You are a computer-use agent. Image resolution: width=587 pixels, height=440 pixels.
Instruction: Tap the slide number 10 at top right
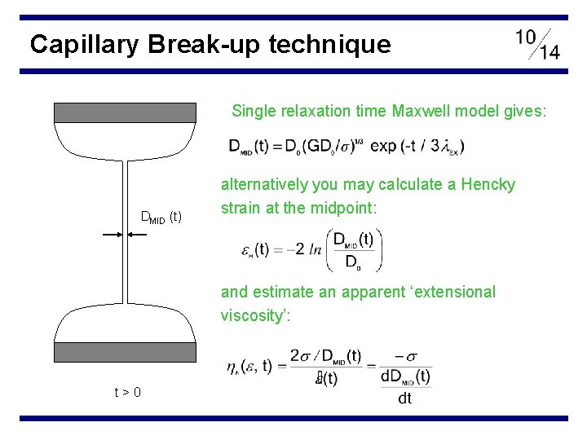[527, 37]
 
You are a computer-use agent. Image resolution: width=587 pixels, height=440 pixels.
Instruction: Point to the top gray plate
[125, 112]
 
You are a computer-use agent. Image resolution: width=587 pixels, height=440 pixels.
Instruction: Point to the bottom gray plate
[125, 351]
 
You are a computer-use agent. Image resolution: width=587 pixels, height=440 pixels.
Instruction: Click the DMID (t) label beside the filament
[161, 217]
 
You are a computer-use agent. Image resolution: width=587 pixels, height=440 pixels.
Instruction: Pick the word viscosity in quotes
[249, 315]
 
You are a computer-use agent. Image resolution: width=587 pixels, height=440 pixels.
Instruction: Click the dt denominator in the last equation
[405, 398]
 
